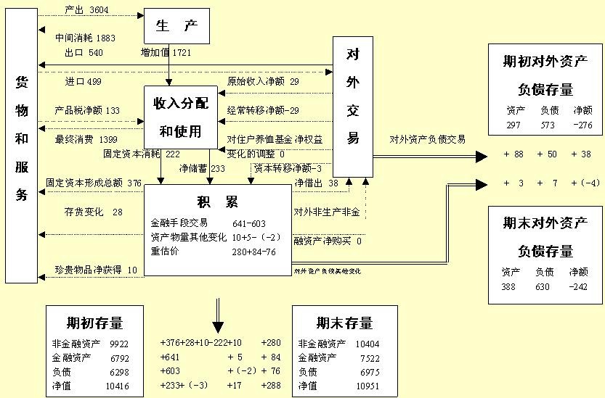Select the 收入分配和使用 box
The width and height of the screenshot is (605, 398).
point(181,117)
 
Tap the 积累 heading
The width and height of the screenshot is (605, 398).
point(217,201)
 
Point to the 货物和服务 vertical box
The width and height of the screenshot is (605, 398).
point(22,145)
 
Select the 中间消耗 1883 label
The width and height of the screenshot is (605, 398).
point(85,38)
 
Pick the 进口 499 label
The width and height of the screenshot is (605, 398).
point(84,81)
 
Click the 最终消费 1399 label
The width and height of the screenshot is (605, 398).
point(86,138)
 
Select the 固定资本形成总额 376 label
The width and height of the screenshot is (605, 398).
point(94,183)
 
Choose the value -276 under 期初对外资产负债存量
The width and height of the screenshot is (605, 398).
point(582,125)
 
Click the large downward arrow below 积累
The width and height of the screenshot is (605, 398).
point(218,318)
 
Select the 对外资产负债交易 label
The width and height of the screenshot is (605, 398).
point(427,139)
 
